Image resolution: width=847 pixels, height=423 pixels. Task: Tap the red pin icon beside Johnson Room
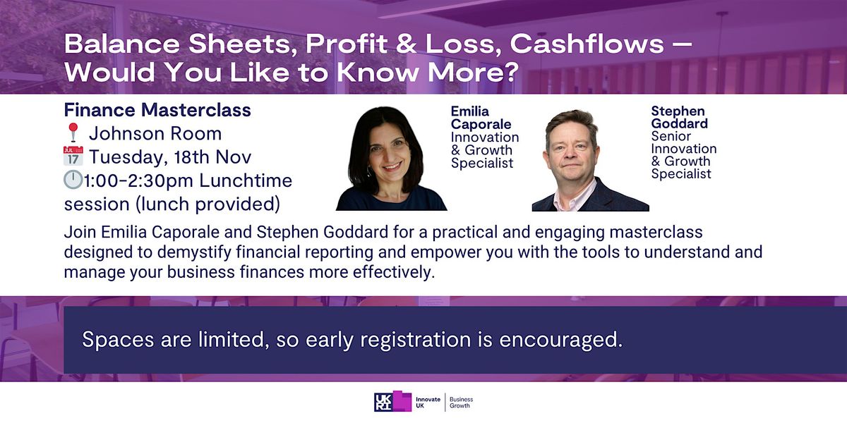pyautogui.click(x=72, y=133)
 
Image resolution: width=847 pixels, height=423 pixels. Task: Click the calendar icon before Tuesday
pyautogui.click(x=73, y=157)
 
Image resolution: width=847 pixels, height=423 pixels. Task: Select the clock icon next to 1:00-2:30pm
pyautogui.click(x=73, y=180)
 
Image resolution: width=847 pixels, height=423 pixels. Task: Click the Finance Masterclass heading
pyautogui.click(x=157, y=110)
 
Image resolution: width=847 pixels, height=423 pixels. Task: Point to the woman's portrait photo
pyautogui.click(x=392, y=159)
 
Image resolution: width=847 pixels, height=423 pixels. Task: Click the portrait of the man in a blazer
pyautogui.click(x=589, y=161)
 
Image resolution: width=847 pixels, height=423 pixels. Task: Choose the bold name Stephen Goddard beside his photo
pyautogui.click(x=679, y=118)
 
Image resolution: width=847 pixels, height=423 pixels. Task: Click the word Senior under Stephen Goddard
pyautogui.click(x=671, y=136)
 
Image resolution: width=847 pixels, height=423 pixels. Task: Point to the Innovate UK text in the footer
pyautogui.click(x=428, y=402)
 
